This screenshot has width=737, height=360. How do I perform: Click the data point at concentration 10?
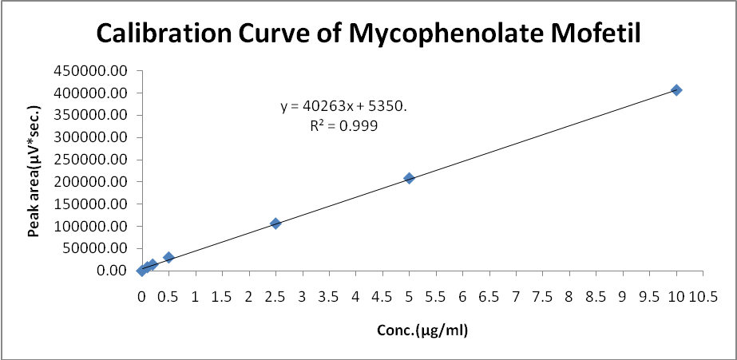[676, 90]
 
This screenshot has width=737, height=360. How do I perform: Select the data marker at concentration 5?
[409, 178]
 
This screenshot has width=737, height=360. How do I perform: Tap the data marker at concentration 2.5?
[275, 224]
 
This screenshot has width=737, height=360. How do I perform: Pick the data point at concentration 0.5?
[168, 257]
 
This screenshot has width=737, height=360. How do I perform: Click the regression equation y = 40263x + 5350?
[343, 106]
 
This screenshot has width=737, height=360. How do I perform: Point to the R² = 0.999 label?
[343, 125]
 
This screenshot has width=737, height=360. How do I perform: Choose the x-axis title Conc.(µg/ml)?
[422, 329]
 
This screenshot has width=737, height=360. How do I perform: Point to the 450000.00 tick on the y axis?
[90, 71]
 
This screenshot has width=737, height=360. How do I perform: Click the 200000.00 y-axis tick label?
[90, 182]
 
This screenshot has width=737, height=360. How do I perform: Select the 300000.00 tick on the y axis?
[90, 137]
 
